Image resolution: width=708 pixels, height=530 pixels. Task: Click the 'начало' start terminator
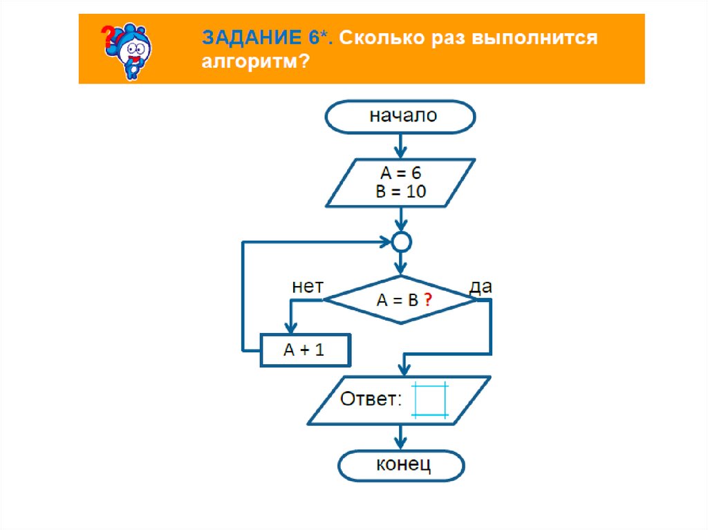click(x=400, y=115)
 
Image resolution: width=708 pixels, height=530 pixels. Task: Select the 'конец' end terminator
click(x=400, y=465)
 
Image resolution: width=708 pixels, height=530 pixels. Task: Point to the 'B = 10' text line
click(x=400, y=191)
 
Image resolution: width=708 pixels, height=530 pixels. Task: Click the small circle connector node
click(x=401, y=242)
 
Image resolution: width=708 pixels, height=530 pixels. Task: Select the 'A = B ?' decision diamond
click(x=400, y=301)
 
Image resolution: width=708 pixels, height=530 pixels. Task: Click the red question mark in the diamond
click(x=428, y=301)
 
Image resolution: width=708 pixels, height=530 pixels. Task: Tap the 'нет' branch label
click(x=307, y=287)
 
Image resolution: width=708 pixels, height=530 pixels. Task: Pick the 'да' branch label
click(x=481, y=287)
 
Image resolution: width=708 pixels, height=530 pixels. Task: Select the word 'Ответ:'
click(x=370, y=399)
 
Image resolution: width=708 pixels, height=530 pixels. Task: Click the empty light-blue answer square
click(x=430, y=400)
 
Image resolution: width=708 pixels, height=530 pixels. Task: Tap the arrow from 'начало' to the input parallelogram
click(x=400, y=145)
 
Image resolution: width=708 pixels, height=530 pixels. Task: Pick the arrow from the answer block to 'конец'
click(x=400, y=437)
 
